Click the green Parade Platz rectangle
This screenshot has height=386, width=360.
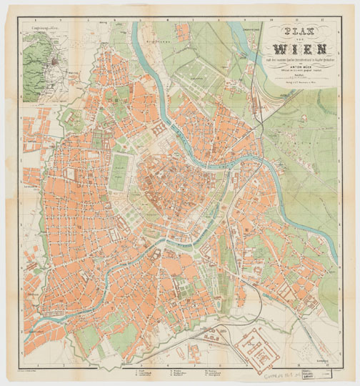pos(116,172)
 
